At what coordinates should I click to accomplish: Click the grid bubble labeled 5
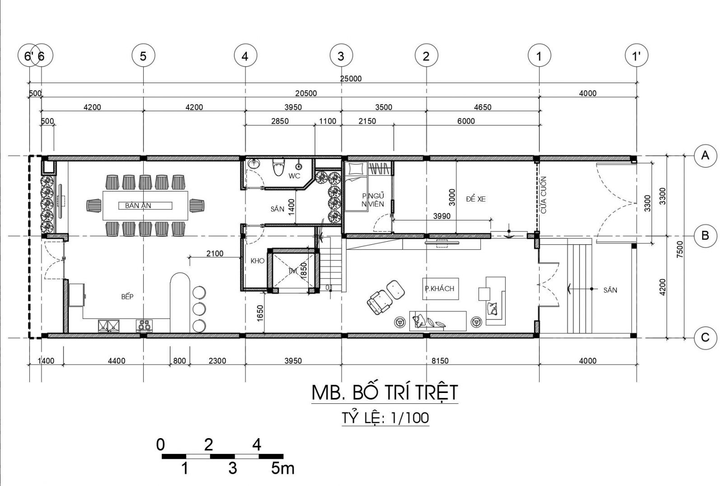[143, 56]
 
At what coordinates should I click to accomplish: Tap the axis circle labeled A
[705, 156]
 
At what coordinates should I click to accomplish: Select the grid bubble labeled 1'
[637, 56]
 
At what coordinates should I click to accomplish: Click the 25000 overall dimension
[351, 79]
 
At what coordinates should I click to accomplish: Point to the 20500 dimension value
[306, 93]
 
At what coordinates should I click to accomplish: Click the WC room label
[294, 176]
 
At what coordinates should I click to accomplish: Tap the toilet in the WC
[278, 167]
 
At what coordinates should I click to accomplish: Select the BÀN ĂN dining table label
[138, 206]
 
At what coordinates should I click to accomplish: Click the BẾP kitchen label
[127, 297]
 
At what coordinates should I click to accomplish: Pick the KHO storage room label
[258, 261]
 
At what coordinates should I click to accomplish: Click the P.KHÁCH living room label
[439, 289]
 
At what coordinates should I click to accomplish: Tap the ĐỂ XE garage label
[476, 199]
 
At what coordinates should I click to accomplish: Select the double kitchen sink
[108, 326]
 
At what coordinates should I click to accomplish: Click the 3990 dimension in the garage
[441, 216]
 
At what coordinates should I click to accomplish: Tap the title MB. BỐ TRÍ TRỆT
[385, 392]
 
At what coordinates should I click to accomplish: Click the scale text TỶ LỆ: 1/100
[385, 418]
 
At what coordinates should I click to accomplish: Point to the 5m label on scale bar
[283, 468]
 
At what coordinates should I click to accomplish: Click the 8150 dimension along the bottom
[440, 361]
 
